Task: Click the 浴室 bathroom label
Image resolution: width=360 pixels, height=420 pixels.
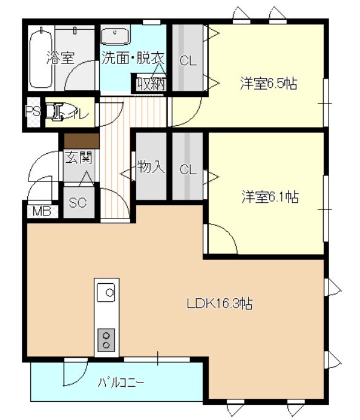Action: tap(61, 59)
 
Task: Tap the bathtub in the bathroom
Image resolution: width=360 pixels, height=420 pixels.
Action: tap(41, 58)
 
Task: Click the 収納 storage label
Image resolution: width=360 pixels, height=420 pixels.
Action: tap(150, 84)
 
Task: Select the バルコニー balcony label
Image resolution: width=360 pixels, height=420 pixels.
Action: tap(122, 382)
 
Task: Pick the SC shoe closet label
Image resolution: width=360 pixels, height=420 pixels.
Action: tap(78, 203)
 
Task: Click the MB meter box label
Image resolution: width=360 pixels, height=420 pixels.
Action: tap(41, 212)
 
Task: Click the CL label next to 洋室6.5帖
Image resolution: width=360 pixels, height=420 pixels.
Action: tap(188, 61)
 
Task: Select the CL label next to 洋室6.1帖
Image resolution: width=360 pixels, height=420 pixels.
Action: tap(188, 170)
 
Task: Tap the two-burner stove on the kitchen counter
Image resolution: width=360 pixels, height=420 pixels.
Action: tap(107, 340)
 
